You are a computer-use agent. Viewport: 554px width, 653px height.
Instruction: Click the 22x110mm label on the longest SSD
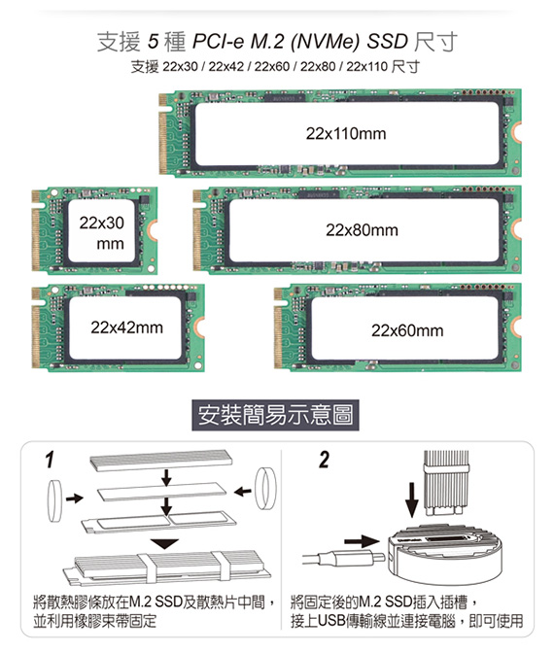coord(346,134)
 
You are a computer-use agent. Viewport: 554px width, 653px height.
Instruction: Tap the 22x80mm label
coord(362,230)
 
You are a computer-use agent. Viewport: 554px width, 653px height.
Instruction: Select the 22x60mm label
coord(407,330)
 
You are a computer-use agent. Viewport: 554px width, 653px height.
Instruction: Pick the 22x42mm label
coord(126,327)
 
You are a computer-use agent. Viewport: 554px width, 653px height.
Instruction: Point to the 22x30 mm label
coord(102,233)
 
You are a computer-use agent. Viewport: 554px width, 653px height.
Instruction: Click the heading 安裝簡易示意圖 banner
coord(275,415)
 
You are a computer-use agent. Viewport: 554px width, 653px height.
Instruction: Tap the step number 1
coord(50,460)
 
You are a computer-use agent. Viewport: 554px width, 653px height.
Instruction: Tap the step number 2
coord(324,460)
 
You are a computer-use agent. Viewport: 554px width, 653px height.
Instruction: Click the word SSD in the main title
coord(387,41)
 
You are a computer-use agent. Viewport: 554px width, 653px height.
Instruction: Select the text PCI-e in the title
coord(218,41)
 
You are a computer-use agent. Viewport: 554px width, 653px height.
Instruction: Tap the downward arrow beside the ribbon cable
coord(412,499)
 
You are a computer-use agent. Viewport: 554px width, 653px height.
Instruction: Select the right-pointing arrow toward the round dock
coord(362,541)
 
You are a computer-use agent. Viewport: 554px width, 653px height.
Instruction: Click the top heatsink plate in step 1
coord(161,461)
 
